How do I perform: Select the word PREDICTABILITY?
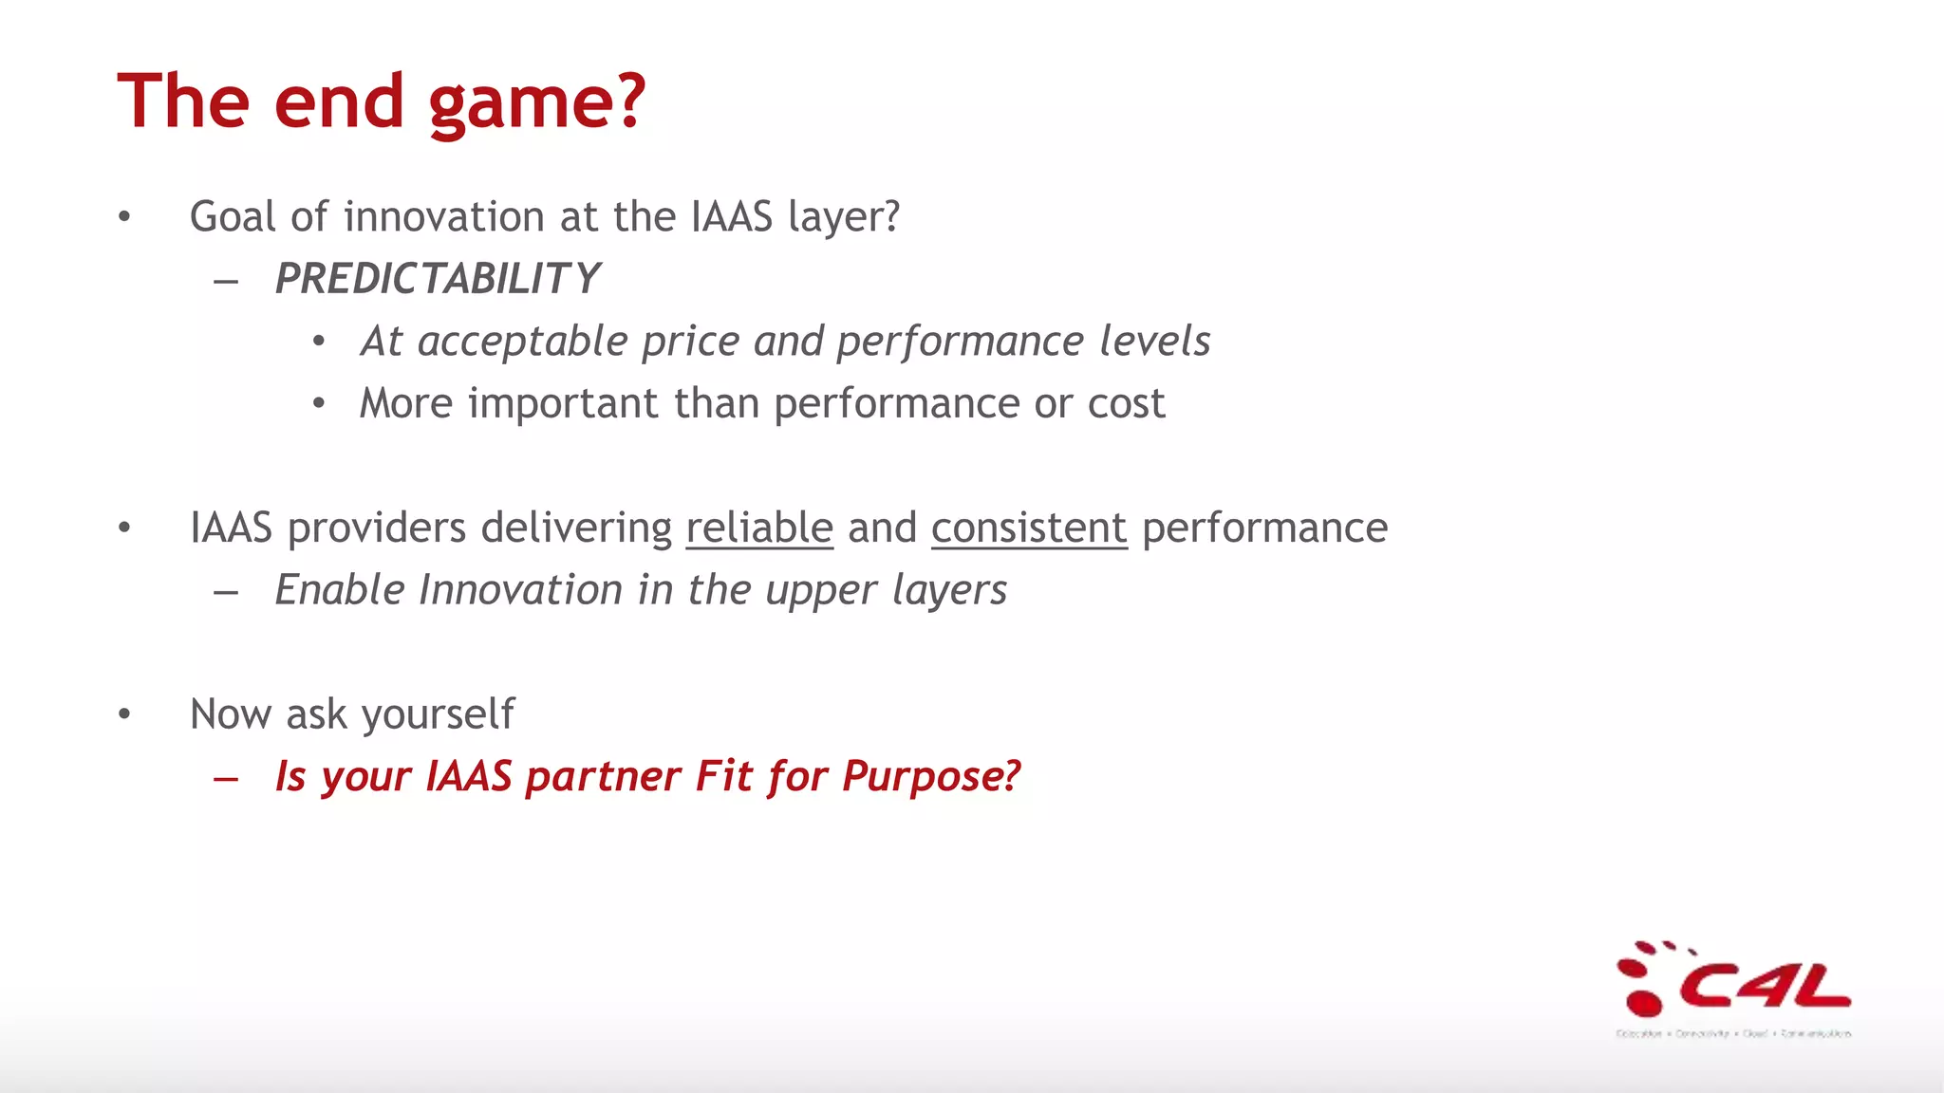[437, 279]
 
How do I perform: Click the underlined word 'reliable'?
[759, 528]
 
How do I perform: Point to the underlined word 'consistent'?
[1029, 528]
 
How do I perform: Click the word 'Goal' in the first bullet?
[233, 217]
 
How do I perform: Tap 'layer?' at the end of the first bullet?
[844, 217]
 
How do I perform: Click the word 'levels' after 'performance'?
[1154, 341]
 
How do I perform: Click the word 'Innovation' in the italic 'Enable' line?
[521, 590]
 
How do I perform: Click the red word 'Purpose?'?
[930, 777]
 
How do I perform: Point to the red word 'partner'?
[603, 777]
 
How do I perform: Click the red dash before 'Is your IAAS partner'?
[226, 779]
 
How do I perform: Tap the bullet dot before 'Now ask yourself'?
[124, 714]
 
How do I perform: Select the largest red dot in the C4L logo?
[1644, 1001]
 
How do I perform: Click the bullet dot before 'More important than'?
[319, 404]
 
